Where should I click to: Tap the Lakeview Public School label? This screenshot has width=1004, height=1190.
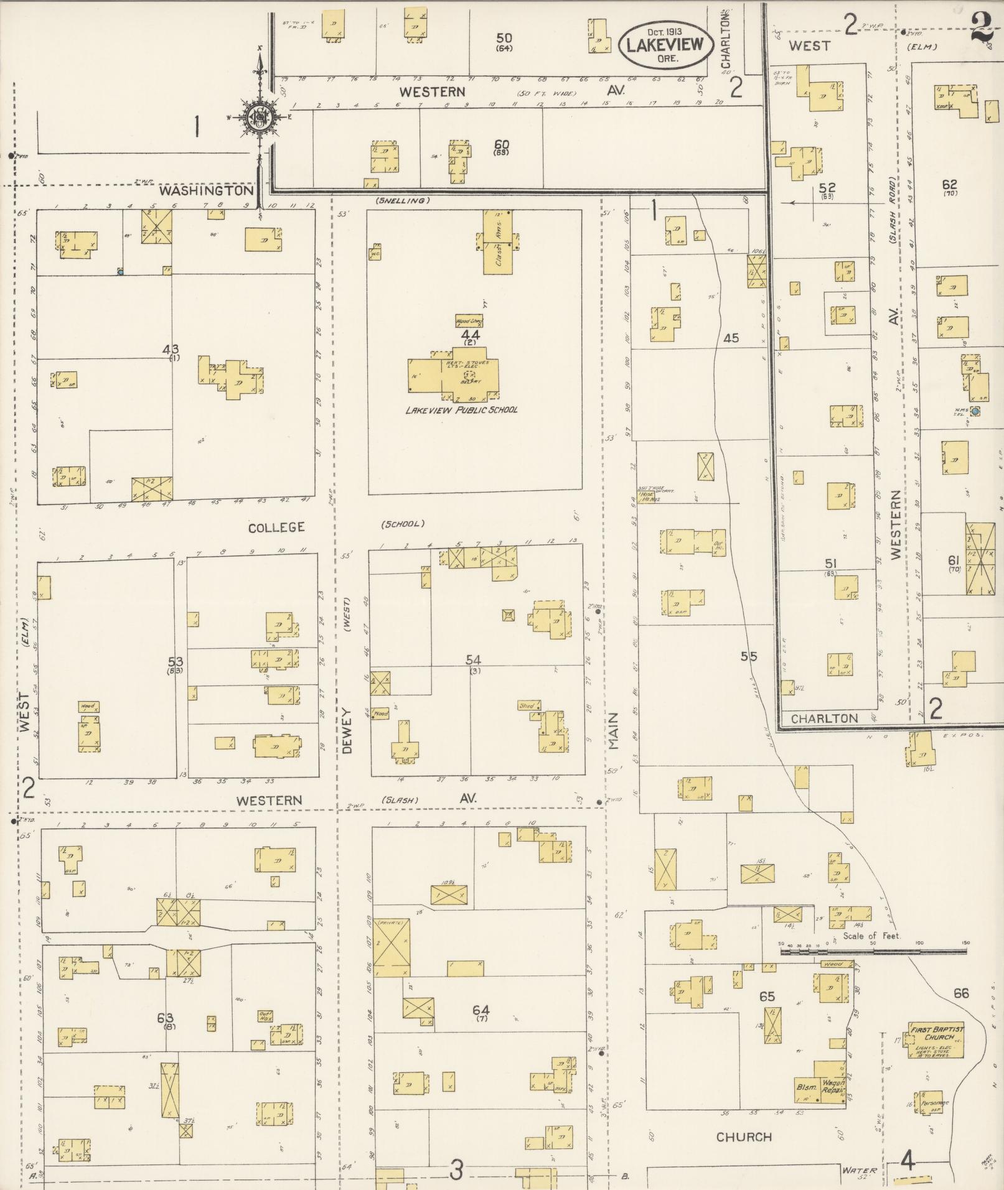click(461, 410)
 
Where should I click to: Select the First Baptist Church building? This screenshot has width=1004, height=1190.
click(936, 1039)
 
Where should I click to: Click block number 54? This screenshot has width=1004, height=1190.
click(475, 660)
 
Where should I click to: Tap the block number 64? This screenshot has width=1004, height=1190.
click(481, 1010)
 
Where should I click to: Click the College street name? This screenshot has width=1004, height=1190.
click(276, 528)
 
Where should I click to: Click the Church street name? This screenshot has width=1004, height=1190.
click(744, 1137)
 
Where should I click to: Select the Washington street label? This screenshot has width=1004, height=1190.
click(206, 190)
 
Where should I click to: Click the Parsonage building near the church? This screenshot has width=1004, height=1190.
click(927, 1101)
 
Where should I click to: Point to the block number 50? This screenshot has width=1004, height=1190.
click(504, 39)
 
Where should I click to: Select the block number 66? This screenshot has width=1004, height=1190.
click(961, 993)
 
